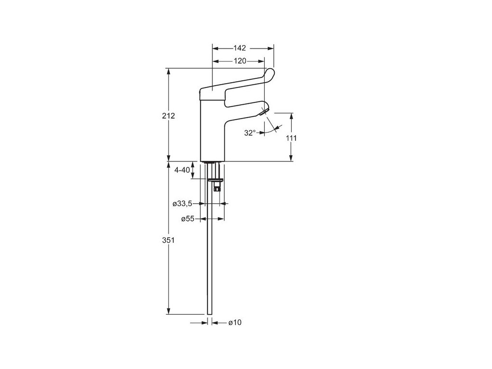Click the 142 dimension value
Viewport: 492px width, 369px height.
coord(240,48)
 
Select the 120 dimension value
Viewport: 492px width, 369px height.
coord(240,61)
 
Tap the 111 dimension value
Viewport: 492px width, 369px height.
coord(291,138)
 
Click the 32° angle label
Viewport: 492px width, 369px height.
coord(249,133)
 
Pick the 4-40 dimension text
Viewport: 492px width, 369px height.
coord(183,170)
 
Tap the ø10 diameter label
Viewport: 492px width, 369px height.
coord(234,322)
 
